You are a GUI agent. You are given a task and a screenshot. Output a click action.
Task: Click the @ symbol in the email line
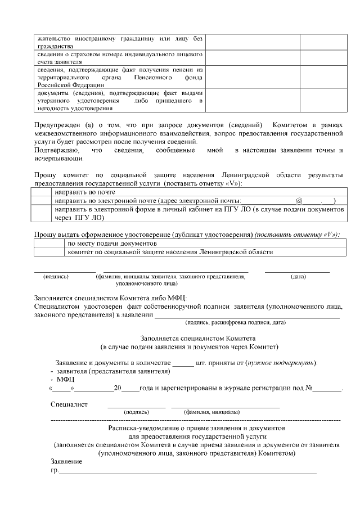(299, 200)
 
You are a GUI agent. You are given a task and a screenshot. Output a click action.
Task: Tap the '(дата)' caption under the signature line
(298, 277)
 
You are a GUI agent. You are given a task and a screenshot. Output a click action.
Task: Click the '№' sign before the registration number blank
(309, 388)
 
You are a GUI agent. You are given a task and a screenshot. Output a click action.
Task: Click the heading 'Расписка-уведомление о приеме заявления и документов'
(197, 428)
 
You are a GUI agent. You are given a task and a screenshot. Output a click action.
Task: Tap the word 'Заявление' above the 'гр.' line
(66, 461)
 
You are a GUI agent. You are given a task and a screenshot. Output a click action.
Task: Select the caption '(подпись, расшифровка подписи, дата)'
(236, 322)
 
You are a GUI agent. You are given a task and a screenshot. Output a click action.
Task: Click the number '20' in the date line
(118, 388)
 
